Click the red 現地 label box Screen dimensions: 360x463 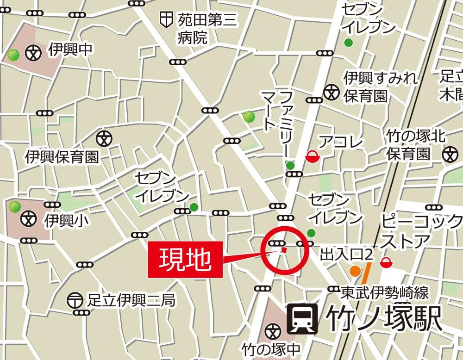pyautogui.click(x=185, y=260)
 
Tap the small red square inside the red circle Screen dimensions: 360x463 pyautogui.click(x=284, y=250)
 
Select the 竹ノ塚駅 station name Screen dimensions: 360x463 pyautogui.click(x=383, y=319)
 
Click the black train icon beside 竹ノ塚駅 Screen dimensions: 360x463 pyautogui.click(x=302, y=319)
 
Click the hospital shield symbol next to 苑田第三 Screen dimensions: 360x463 pyautogui.click(x=165, y=19)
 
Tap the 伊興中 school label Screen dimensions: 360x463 pyautogui.click(x=70, y=50)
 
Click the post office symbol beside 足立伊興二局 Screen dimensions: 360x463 pyautogui.click(x=75, y=301)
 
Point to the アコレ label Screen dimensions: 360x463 pyautogui.click(x=342, y=142)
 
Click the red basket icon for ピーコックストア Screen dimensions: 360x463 pyautogui.click(x=385, y=262)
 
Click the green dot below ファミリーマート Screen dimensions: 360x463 pyautogui.click(x=290, y=165)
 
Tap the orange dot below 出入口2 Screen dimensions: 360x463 pyautogui.click(x=355, y=271)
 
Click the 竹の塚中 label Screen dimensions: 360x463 pyautogui.click(x=271, y=348)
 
